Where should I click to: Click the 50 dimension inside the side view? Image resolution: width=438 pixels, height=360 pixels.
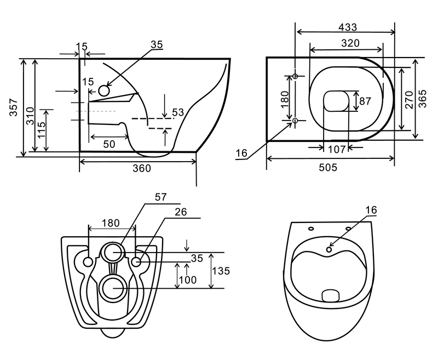point(109,144)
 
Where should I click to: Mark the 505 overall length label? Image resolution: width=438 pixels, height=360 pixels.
point(328,168)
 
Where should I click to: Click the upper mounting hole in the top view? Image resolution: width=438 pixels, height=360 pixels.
point(295,76)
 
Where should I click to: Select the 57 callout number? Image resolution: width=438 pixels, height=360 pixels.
point(160,197)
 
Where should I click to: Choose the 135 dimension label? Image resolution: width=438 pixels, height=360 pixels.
point(220,271)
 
